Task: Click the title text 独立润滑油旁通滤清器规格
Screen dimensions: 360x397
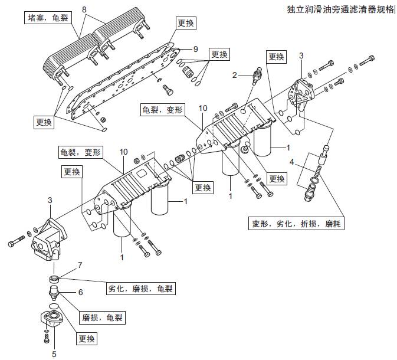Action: (x=340, y=10)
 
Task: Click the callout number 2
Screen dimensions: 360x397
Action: (x=234, y=75)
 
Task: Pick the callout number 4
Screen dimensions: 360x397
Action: (x=291, y=162)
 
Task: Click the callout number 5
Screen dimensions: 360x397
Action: (x=54, y=354)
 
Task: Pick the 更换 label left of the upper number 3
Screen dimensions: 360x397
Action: (x=277, y=57)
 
